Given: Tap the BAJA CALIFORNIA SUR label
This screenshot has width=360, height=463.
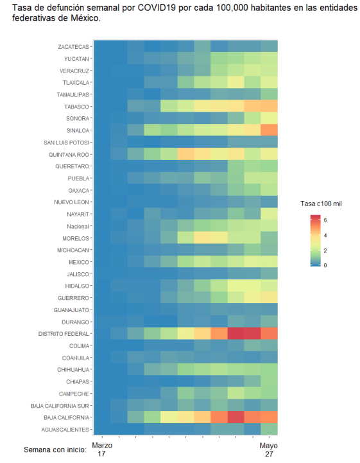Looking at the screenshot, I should [x=61, y=406].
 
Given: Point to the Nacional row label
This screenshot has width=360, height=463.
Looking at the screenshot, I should [x=78, y=226].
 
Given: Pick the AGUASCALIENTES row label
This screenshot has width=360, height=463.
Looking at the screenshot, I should [x=66, y=430].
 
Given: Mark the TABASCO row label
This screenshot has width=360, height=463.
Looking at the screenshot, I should [x=77, y=107].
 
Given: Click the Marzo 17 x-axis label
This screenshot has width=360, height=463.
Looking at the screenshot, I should [x=101, y=449].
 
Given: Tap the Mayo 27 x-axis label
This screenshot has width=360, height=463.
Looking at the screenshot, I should [x=269, y=449].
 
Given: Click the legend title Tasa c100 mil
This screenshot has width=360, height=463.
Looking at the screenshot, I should [x=322, y=203].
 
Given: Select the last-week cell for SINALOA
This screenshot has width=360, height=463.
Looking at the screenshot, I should [x=269, y=130].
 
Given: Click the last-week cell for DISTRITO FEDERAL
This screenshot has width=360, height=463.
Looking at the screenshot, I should [x=269, y=333].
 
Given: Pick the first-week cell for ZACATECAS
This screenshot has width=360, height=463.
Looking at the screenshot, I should [x=101, y=47].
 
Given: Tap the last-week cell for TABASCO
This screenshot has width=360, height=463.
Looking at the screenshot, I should [x=269, y=107].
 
